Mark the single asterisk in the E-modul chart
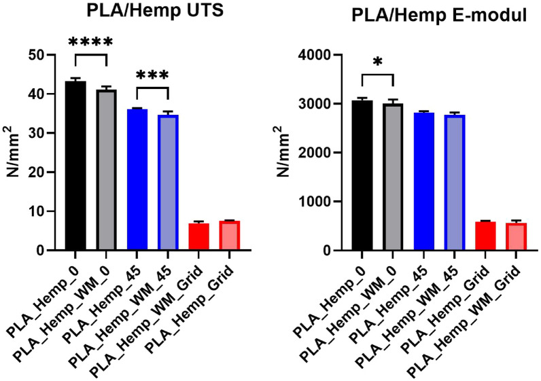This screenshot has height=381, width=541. tap(378, 62)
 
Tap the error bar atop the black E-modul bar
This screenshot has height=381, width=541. tap(362, 98)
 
